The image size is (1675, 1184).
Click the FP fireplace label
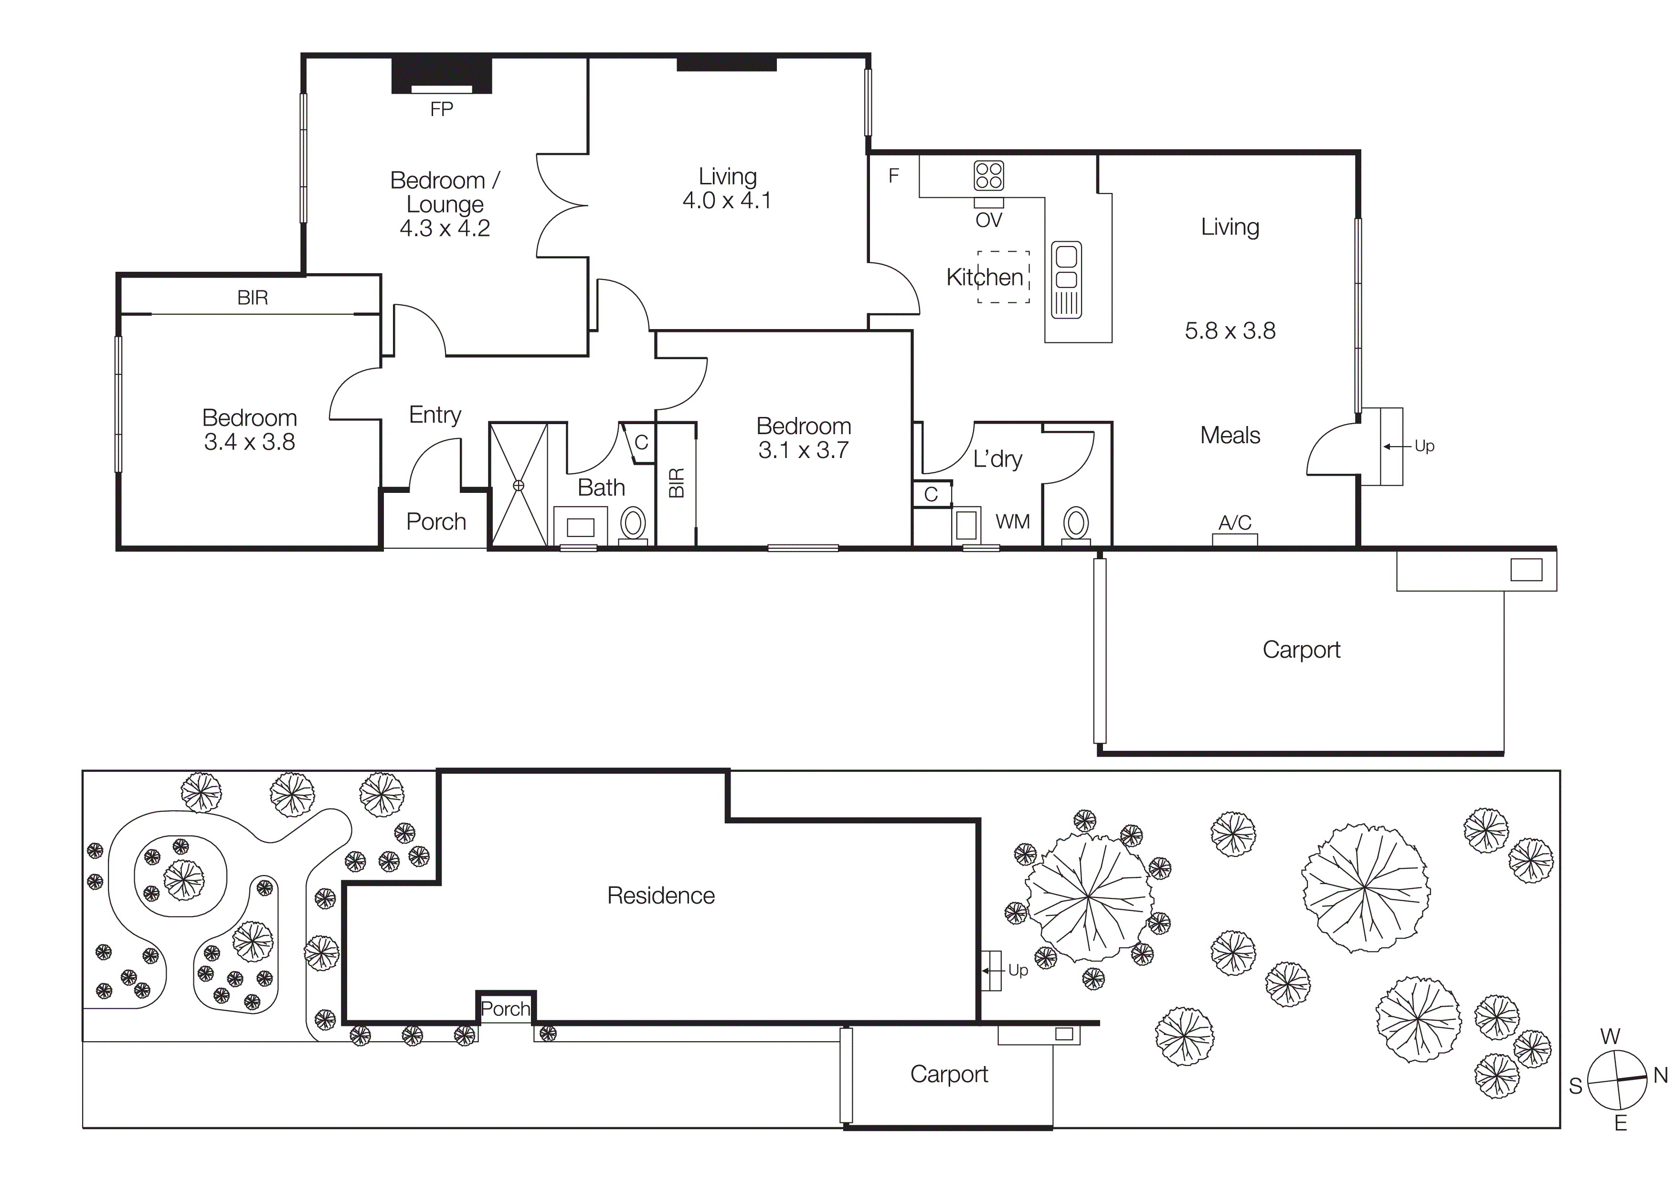click(441, 109)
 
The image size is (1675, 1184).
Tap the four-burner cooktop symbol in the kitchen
click(988, 176)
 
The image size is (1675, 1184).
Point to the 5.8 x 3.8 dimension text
click(1230, 331)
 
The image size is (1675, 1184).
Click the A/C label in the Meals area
click(1234, 523)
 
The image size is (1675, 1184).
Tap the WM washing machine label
click(1013, 522)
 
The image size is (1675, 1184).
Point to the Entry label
click(435, 415)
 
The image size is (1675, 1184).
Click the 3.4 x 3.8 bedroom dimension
click(250, 442)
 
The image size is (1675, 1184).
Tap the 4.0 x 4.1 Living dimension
click(727, 201)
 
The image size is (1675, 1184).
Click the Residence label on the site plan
click(661, 896)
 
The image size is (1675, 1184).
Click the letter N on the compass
click(1660, 1075)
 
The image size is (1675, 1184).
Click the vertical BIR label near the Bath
click(676, 483)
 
